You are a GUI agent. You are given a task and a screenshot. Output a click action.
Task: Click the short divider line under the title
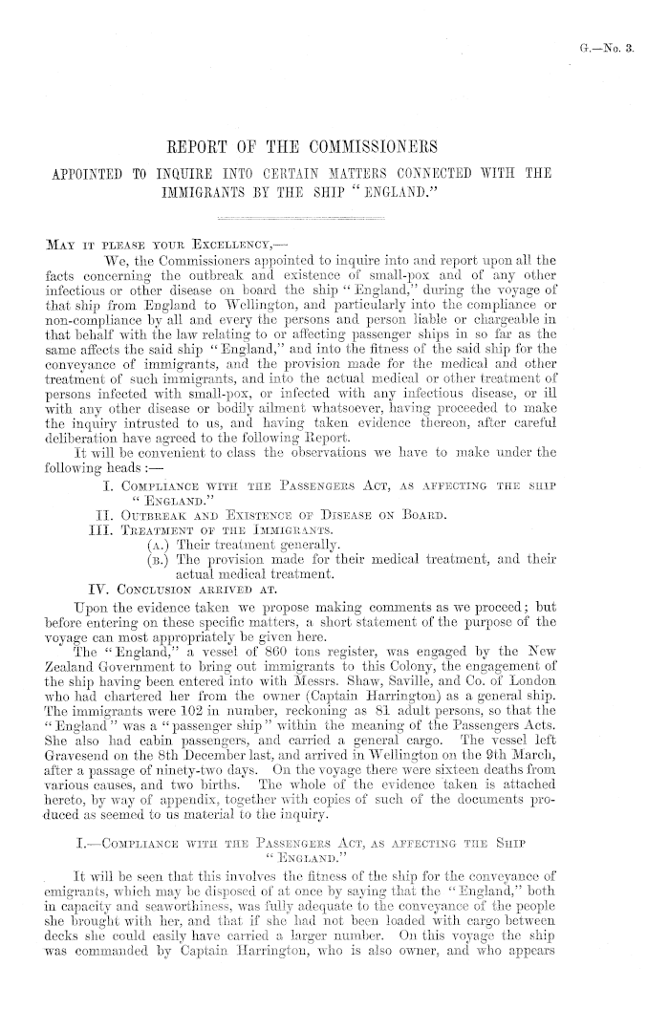click(335, 219)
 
